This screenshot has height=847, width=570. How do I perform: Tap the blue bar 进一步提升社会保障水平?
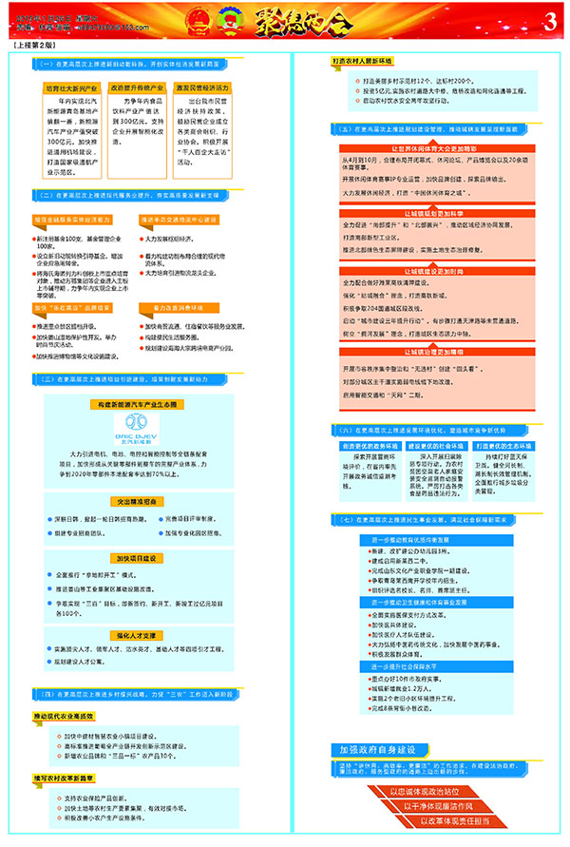[418, 666]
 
